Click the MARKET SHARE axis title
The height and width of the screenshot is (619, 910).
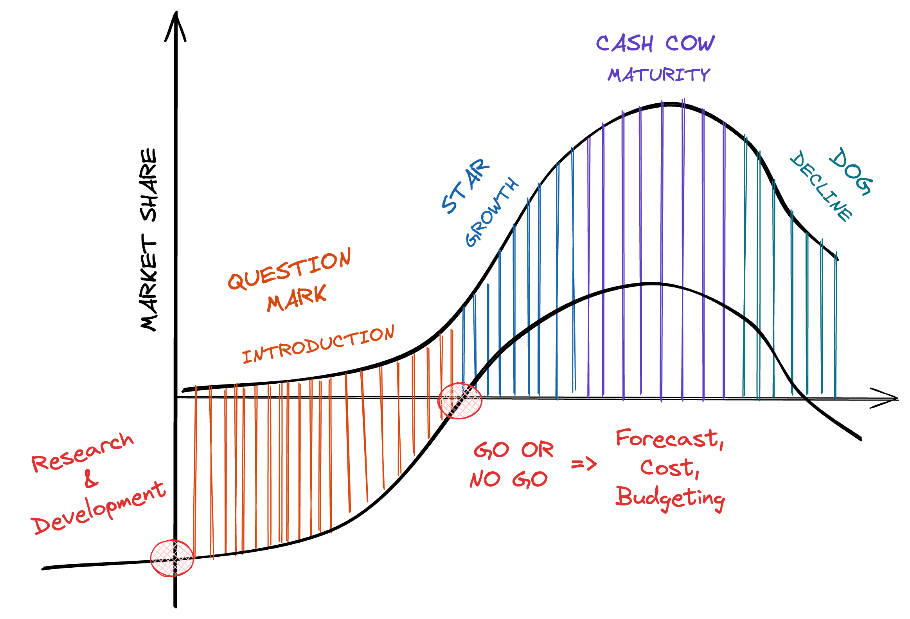149,240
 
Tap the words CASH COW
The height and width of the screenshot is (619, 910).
655,43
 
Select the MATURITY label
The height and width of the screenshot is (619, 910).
658,74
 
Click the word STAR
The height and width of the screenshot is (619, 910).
465,186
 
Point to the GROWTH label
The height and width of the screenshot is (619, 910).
492,213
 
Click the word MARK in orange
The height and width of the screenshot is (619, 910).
297,298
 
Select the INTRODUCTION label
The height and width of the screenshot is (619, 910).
318,345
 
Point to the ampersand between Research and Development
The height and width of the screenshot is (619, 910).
91,479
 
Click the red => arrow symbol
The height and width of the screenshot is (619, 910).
584,465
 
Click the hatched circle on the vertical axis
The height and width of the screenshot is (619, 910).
172,558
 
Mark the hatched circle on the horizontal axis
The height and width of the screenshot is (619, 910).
460,401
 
